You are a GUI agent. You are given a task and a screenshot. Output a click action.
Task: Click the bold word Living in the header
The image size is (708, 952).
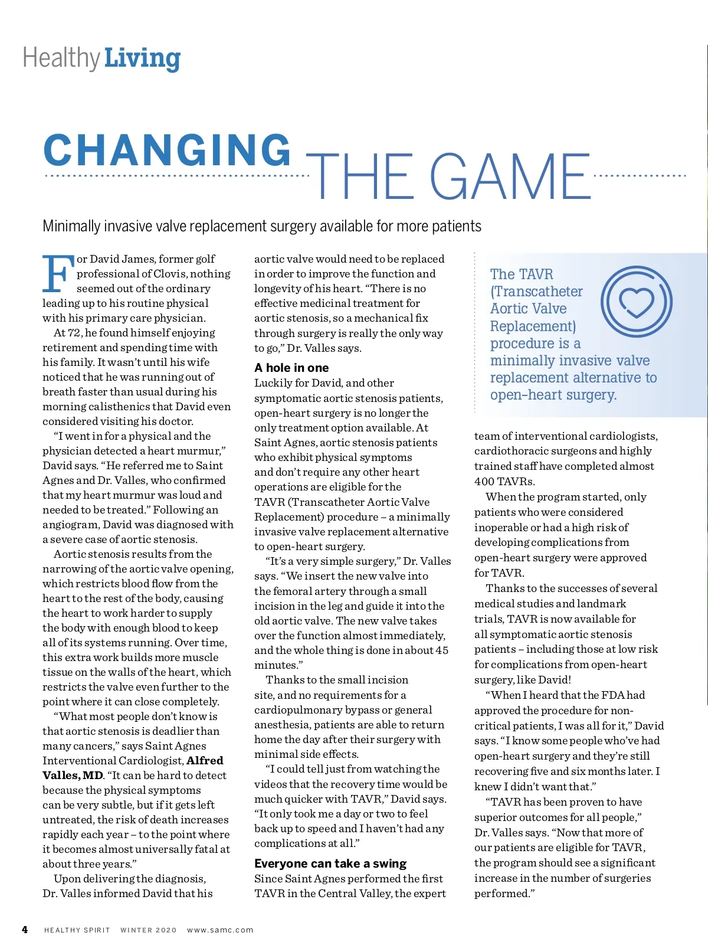tap(142, 59)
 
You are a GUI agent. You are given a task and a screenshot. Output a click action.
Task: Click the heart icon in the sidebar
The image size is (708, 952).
tap(637, 302)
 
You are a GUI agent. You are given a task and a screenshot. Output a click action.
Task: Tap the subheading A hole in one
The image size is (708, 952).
tap(291, 368)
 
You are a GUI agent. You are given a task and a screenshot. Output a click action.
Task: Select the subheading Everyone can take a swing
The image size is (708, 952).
tap(330, 863)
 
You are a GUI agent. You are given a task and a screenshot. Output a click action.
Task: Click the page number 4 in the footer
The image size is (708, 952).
tap(25, 930)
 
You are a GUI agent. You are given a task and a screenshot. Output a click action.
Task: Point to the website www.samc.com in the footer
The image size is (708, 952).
tap(220, 930)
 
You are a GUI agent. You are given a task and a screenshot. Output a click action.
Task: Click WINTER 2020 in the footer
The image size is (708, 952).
tap(149, 930)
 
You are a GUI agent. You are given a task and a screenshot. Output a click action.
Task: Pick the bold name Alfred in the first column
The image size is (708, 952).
tap(205, 761)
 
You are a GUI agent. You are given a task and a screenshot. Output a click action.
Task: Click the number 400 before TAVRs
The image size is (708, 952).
tap(485, 481)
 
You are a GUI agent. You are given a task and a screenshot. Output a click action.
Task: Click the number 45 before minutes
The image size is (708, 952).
tap(442, 650)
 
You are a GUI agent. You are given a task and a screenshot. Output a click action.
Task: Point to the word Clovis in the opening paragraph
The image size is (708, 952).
tap(171, 274)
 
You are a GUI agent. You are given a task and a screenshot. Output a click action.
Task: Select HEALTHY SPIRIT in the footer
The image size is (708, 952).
tap(77, 930)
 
